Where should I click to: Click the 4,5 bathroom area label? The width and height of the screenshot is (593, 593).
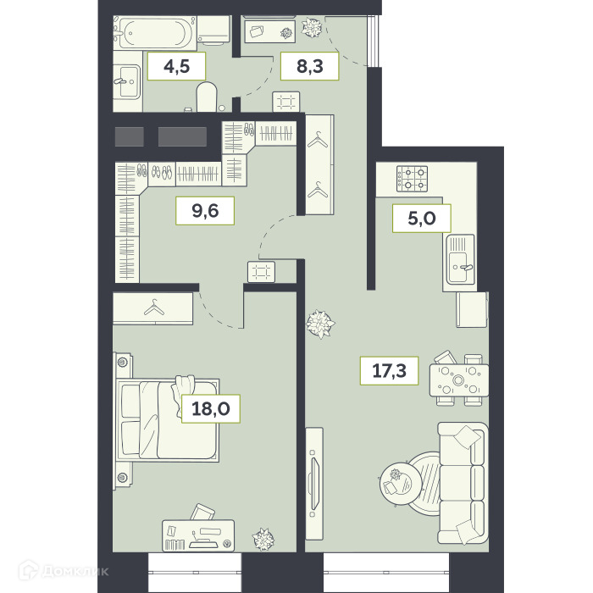click(x=176, y=67)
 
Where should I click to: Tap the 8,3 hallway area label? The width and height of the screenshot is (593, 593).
click(x=310, y=66)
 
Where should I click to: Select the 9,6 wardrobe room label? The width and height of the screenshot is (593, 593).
click(x=205, y=211)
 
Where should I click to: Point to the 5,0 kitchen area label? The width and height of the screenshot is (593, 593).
click(x=422, y=219)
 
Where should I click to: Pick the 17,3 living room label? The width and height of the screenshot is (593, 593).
click(x=389, y=371)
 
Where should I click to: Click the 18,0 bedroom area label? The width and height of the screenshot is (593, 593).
click(x=211, y=408)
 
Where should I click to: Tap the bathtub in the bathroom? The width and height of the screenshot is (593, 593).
click(x=154, y=33)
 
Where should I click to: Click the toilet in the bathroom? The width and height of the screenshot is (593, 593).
click(x=207, y=97)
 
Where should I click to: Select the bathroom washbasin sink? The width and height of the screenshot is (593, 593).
click(x=127, y=81)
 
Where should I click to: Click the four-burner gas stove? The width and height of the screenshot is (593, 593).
click(x=412, y=179)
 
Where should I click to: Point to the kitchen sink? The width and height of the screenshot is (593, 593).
click(x=460, y=259)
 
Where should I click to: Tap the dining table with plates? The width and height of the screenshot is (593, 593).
click(x=459, y=380)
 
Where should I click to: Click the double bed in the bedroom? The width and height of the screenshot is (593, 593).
click(x=168, y=420)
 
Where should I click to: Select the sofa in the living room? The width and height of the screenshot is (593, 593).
click(x=463, y=484)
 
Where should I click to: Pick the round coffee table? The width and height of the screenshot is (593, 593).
click(x=401, y=483)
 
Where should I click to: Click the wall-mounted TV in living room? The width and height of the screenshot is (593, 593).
click(x=314, y=484)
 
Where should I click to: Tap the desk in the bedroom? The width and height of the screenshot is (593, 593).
click(x=198, y=535)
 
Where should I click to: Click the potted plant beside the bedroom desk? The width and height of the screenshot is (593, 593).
click(x=263, y=539)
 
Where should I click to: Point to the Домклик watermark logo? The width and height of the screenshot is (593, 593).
click(x=64, y=570)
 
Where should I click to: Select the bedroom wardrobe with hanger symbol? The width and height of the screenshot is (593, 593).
click(x=153, y=308)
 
